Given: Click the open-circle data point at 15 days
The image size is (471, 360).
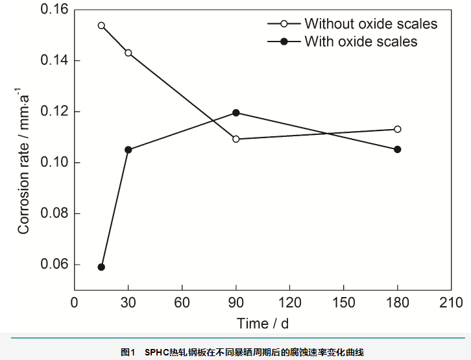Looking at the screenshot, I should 101,25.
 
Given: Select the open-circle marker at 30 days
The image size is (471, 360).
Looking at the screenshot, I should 128,53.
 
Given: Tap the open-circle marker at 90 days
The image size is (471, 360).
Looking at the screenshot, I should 236,139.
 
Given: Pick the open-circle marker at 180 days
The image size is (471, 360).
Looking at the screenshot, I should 398,129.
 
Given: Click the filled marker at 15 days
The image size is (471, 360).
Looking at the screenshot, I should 101,267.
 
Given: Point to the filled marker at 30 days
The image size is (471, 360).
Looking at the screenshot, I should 128,150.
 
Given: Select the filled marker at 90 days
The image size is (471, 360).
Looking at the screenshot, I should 236,112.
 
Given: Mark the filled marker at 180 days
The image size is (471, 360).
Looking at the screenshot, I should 398,149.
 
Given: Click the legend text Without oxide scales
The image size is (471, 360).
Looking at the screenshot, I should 370,24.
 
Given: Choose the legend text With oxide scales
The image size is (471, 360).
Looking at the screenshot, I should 361,42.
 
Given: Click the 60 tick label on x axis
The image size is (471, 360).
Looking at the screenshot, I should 182,303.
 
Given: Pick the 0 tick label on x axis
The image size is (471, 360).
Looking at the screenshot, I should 75,303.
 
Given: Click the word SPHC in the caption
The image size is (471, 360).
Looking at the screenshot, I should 156,352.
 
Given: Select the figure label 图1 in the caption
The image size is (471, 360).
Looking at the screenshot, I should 127,352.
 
